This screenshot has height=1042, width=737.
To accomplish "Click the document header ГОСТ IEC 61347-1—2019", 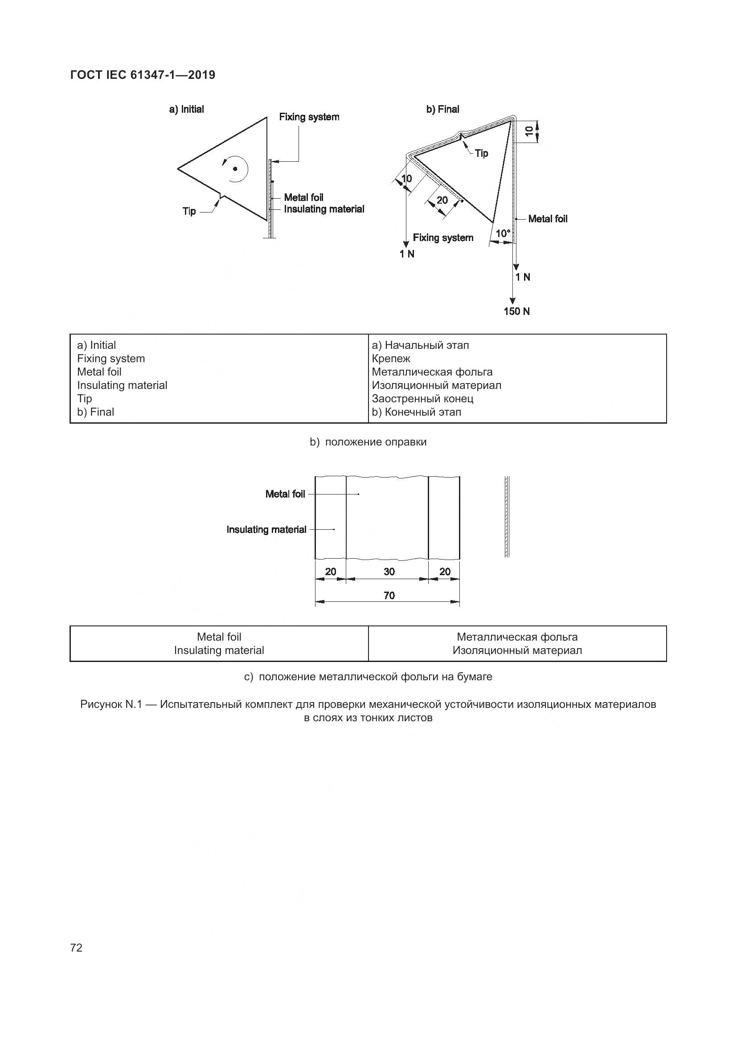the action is click(x=143, y=75).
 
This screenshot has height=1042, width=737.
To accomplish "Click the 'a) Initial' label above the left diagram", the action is click(x=187, y=110).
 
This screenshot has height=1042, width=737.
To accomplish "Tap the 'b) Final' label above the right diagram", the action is click(x=442, y=110).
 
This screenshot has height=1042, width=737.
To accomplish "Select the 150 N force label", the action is click(x=516, y=311).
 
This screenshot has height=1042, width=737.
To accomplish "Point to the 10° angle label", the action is click(x=503, y=233).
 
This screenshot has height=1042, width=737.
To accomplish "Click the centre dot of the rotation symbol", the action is click(x=235, y=169).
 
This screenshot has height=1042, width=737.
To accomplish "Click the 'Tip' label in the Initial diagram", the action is click(x=189, y=211).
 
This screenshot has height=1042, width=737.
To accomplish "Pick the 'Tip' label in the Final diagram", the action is click(x=482, y=153).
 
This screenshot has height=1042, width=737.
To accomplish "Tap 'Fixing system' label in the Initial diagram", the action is click(x=309, y=117).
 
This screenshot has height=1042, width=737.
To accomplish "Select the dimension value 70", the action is click(x=389, y=596).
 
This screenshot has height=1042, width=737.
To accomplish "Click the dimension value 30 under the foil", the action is click(x=389, y=572).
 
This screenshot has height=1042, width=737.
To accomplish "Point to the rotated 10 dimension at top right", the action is click(x=529, y=131).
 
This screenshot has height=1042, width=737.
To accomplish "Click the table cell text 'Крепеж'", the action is click(x=391, y=359).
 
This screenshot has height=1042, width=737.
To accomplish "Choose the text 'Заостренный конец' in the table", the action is click(x=422, y=398).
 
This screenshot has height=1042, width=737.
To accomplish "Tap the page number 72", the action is click(x=76, y=948).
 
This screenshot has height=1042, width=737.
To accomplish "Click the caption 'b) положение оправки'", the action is click(x=368, y=442).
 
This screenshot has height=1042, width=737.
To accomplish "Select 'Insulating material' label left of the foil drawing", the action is click(x=266, y=530).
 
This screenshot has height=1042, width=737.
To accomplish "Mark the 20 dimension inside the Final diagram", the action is click(x=442, y=200).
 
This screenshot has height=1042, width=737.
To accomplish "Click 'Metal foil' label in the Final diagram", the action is click(x=548, y=219).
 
